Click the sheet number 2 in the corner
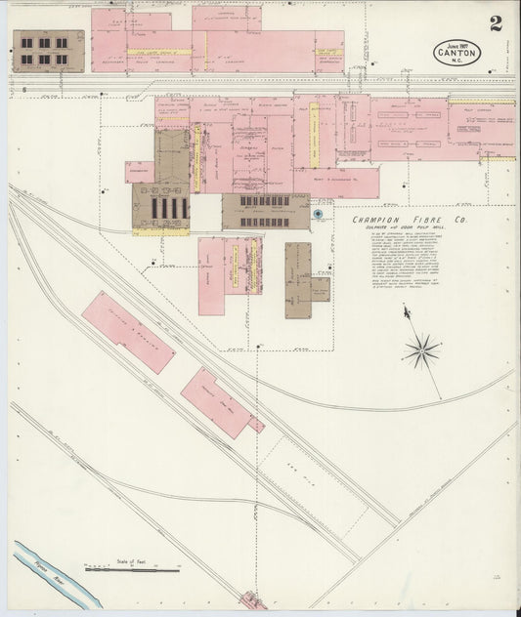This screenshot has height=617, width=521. [497, 23]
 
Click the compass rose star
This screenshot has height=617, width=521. [422, 350]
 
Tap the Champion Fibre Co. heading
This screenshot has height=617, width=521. [395, 221]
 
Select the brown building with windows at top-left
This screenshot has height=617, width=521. [46, 51]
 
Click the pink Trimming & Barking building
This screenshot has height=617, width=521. [128, 332]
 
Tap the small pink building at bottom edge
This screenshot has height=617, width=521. [253, 600]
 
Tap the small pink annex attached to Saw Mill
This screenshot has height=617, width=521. [256, 425]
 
